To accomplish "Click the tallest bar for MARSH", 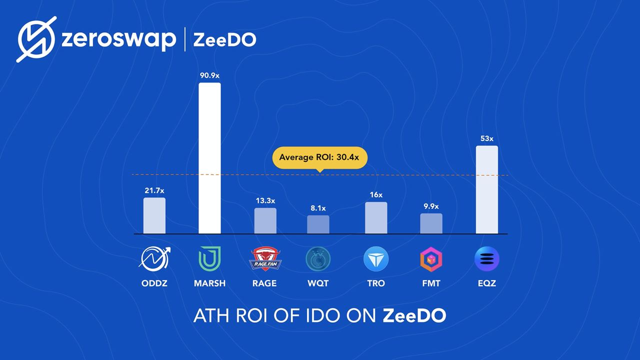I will pos(209,158).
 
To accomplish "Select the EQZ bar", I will pos(486,189).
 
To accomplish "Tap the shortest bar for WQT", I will pos(318,224).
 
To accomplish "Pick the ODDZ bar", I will pos(154,215).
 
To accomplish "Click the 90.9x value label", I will pos(209,75).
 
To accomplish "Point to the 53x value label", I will pos(486,138).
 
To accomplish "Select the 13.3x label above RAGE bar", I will pos(265,200).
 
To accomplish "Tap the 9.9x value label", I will pos(431,206).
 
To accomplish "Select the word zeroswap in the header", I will pos(118,39).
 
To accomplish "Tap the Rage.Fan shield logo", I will pos(264,258).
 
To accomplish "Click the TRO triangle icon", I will pos(375,259).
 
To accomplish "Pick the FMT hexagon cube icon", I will pos(431,259).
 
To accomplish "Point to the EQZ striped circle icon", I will pos(486,259).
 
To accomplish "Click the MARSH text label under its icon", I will pos(209,283).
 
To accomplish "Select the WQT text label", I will pos(318,283).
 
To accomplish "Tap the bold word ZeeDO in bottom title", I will pos(414,316).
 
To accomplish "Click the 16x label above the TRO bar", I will pos(376,194).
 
